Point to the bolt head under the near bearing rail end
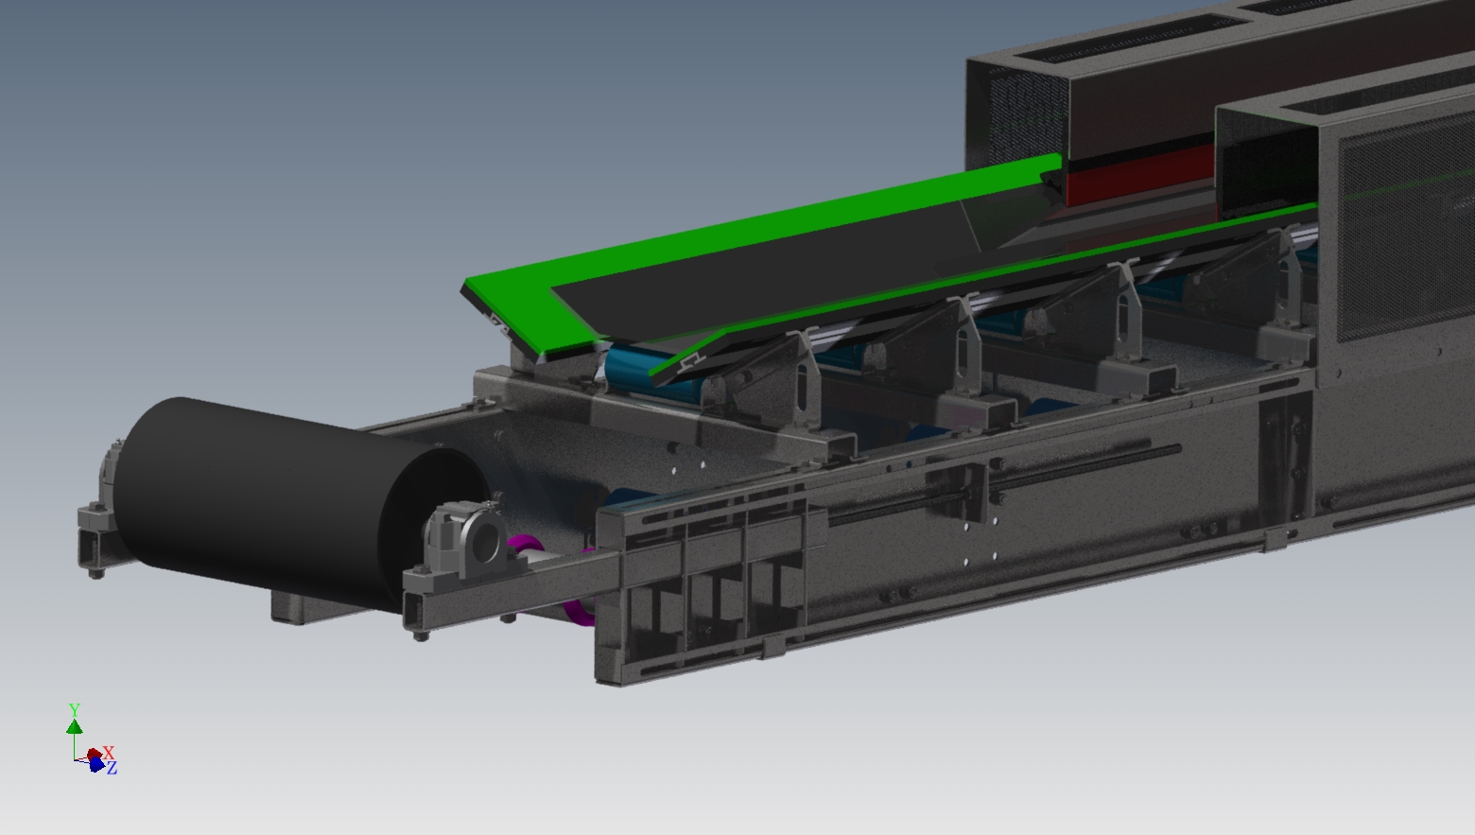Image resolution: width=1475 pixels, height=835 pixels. pos(420,635)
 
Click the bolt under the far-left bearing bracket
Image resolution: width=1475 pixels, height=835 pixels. pos(95,571)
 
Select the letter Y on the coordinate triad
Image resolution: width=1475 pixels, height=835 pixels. pos(75,710)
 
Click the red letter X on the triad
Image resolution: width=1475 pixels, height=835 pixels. pos(109,752)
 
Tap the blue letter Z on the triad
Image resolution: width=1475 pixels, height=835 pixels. pos(112,769)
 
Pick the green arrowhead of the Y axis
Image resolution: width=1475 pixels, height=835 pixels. pos(75,726)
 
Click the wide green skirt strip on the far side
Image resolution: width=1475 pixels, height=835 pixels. pos(756,236)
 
